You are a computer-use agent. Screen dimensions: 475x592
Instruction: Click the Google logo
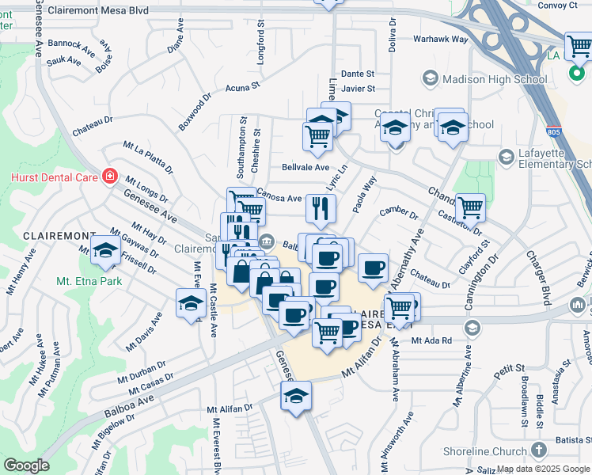tap(27, 465)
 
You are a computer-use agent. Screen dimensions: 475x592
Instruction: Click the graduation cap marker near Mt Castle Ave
tap(190, 303)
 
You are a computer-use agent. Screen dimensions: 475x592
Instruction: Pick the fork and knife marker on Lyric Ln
tap(321, 209)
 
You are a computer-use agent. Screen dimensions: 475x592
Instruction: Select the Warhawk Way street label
tap(441, 39)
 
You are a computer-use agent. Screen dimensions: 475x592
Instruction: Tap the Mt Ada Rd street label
tap(431, 340)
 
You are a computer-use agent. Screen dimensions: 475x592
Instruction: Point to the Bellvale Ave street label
tap(305, 168)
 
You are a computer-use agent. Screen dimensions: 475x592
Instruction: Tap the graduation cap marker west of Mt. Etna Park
tap(104, 251)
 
